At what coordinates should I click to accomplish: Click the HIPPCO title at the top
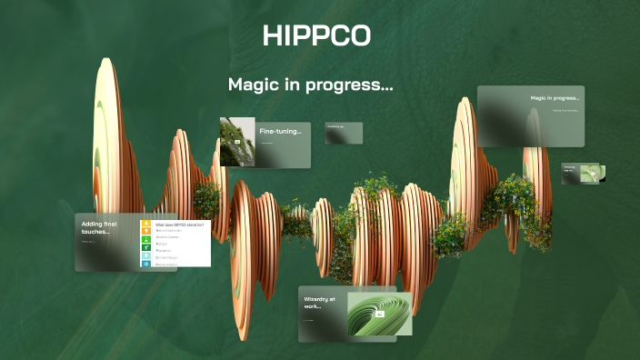(316, 36)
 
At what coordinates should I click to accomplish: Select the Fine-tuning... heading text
(280, 132)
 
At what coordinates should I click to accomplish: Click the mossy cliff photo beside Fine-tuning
(236, 142)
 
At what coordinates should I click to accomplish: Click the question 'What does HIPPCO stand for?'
(179, 224)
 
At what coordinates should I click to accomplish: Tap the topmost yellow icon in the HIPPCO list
(146, 224)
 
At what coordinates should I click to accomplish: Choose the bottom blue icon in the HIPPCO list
(146, 264)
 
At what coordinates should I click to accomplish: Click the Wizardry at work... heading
(319, 303)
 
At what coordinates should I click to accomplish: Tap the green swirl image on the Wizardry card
(379, 314)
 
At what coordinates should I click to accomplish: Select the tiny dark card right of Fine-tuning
(344, 133)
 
